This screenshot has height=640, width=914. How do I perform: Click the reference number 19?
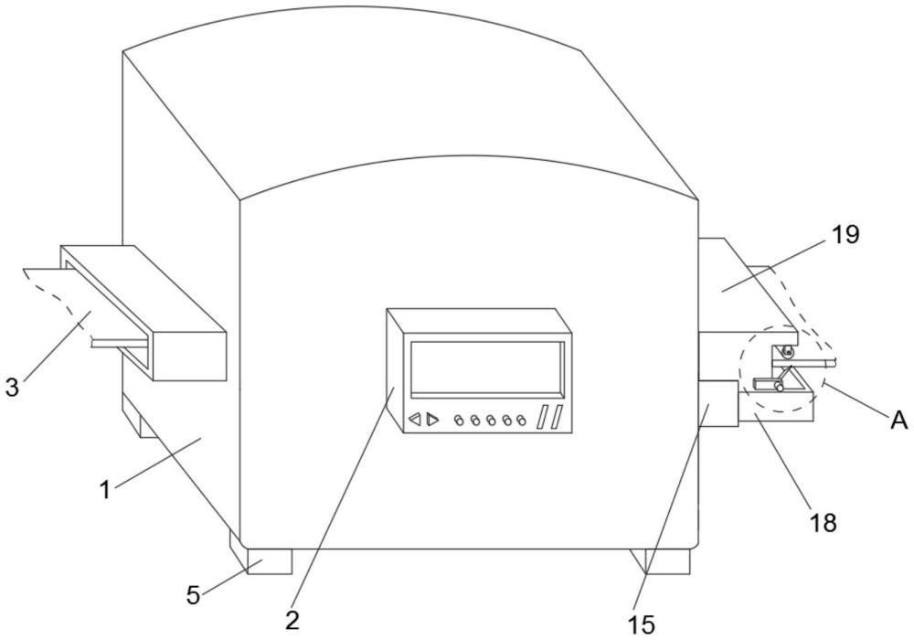[x=845, y=235]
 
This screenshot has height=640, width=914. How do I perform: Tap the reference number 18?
[x=824, y=523]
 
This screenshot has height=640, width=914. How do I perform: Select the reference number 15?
[x=642, y=624]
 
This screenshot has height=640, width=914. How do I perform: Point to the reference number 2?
[x=292, y=620]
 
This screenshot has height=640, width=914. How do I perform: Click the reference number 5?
[x=194, y=595]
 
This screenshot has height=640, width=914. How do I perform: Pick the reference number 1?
[x=105, y=490]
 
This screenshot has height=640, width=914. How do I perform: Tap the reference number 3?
[x=12, y=387]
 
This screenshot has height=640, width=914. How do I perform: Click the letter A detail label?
[x=899, y=420]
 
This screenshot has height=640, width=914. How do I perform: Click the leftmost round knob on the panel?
[x=460, y=420]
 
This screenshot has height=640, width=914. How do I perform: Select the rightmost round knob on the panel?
[x=521, y=420]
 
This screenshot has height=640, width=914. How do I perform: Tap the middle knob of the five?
[x=490, y=420]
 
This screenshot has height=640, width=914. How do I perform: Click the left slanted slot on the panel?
[x=542, y=417]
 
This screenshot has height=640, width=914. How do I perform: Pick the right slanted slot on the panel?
[x=556, y=417]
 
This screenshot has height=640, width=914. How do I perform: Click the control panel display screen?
[x=487, y=369]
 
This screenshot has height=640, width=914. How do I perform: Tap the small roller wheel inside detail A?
[x=788, y=351]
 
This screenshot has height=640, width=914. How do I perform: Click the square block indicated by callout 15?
[x=718, y=403]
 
